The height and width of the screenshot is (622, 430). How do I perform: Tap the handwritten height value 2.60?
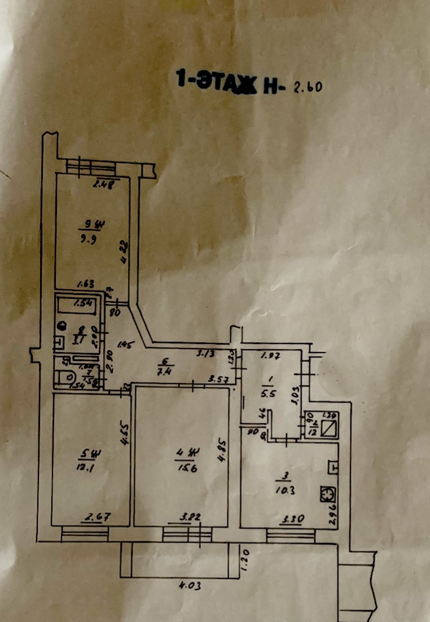point(307,88)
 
